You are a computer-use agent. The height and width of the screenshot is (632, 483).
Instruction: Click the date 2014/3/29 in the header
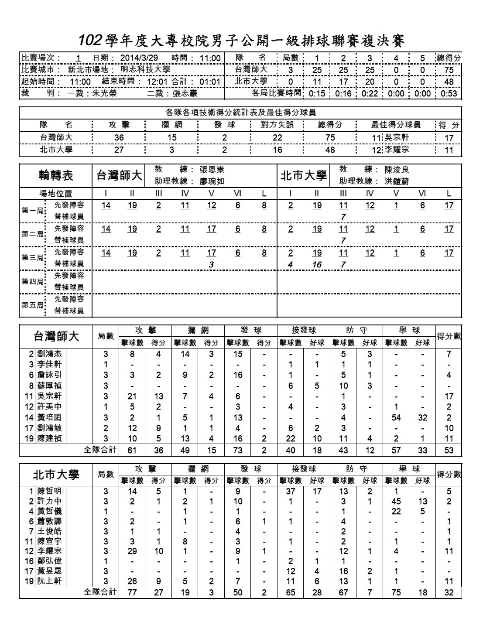point(139,58)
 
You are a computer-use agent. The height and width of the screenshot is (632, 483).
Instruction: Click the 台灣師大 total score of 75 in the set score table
point(449,70)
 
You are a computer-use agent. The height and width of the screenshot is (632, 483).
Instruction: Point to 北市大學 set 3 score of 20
point(370,82)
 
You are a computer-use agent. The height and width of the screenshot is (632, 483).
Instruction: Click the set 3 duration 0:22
point(370,93)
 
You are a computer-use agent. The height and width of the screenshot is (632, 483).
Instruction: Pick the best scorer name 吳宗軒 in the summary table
point(397,137)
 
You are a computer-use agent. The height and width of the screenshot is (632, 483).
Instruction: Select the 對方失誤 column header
point(277,125)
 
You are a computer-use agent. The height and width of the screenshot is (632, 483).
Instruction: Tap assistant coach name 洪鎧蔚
point(397,181)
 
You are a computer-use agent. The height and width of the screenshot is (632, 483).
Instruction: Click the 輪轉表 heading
point(56,176)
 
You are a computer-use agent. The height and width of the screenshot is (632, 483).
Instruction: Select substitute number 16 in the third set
point(317,264)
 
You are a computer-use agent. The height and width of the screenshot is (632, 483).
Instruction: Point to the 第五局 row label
point(32,305)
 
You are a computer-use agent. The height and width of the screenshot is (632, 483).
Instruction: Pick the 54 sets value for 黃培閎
point(396,417)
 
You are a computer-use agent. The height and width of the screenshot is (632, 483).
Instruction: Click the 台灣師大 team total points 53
point(449,450)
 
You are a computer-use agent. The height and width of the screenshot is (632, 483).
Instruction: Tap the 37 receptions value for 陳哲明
point(291,491)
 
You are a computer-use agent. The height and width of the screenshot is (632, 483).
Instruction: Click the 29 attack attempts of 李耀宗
point(132,551)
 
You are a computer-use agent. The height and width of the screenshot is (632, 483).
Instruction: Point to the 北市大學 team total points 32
point(449,592)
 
